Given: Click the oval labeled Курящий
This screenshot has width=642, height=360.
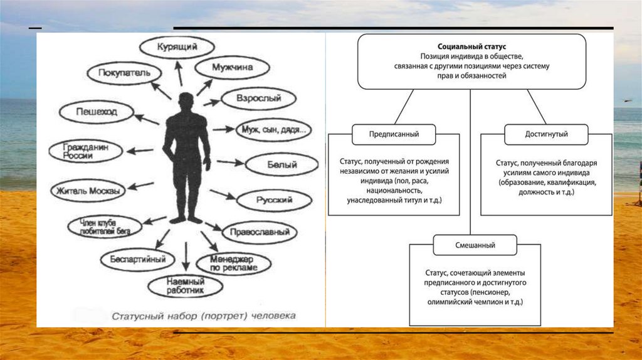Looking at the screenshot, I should point(176,47).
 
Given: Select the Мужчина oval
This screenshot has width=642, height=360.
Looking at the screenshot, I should point(232,67).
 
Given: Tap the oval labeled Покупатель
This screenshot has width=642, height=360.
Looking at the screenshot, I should point(124,72).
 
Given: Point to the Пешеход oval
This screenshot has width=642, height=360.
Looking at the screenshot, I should point(96,113).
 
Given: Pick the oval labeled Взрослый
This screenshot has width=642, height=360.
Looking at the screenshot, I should point(258,98).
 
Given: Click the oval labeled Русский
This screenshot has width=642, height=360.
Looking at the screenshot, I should point(274,201).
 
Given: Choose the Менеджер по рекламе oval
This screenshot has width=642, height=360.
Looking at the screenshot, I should point(234,263).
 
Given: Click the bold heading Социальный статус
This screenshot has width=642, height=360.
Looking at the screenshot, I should point(472,47).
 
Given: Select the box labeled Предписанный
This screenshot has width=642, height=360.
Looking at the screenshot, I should point(394,134).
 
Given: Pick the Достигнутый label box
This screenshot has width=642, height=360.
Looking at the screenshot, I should point(546,134).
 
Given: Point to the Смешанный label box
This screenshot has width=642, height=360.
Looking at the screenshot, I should point(475,245).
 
